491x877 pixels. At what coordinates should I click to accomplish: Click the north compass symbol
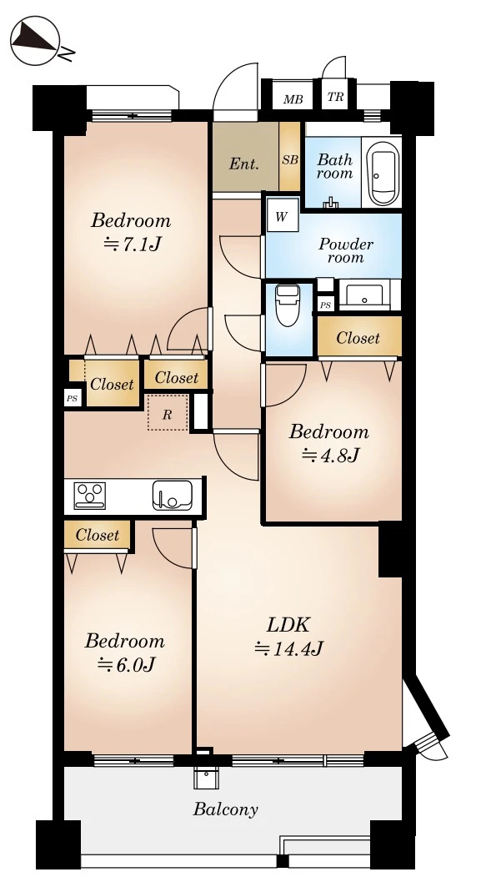(x=35, y=40)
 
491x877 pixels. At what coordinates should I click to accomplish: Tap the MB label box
(x=293, y=99)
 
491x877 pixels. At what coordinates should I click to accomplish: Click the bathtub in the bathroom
(x=383, y=171)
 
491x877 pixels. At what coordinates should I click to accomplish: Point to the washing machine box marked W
(x=282, y=216)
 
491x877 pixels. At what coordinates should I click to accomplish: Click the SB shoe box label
(x=290, y=159)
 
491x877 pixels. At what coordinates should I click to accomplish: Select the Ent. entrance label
(x=244, y=164)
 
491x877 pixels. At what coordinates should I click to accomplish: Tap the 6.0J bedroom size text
(x=126, y=664)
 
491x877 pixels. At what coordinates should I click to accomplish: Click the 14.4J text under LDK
(x=289, y=648)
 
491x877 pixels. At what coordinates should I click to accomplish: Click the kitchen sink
(x=172, y=496)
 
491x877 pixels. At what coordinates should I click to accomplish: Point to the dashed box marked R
(x=167, y=413)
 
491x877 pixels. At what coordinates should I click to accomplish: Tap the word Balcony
(x=226, y=809)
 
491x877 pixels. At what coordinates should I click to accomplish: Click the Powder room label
(x=346, y=251)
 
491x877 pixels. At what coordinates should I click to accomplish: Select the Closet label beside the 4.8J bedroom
(x=358, y=339)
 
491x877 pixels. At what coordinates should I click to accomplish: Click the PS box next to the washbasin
(x=326, y=305)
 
